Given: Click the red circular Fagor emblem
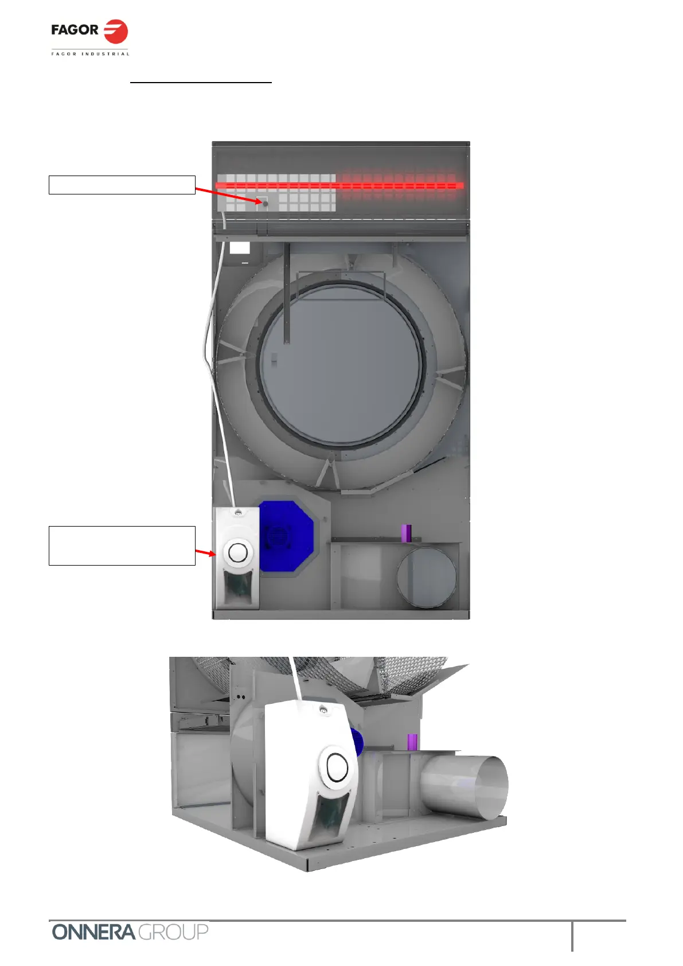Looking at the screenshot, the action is click(x=116, y=32).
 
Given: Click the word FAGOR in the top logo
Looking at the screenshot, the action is click(x=75, y=30).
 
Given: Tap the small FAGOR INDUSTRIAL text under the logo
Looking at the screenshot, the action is click(x=90, y=54).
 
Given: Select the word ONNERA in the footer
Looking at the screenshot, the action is click(x=93, y=932).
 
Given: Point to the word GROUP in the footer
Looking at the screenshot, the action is click(x=173, y=932).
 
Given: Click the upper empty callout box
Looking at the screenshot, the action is click(x=122, y=185).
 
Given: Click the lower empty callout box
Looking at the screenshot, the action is click(x=122, y=546).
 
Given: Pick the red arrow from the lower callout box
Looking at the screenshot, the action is click(x=205, y=552).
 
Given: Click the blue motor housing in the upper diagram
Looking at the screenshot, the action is click(x=286, y=536).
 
